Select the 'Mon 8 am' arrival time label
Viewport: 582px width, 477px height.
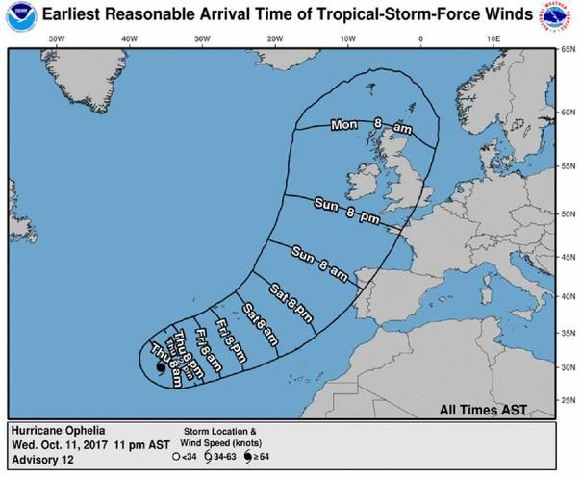(x=370, y=125)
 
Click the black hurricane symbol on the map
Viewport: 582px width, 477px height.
(x=158, y=366)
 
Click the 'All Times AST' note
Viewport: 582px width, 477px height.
(x=484, y=408)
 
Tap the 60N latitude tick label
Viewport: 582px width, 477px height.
(x=568, y=112)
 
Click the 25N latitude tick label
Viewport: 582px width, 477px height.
(x=568, y=401)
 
